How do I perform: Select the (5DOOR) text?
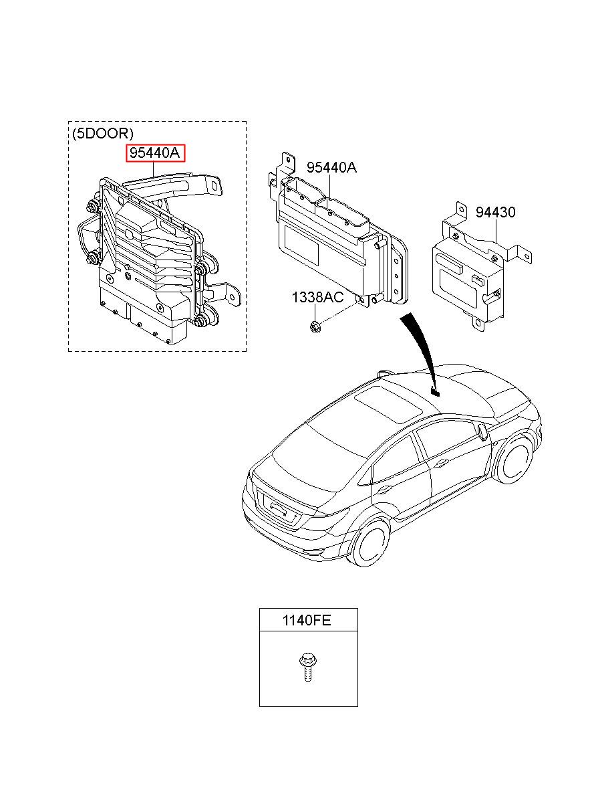point(102,133)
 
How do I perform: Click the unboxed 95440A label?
point(331,168)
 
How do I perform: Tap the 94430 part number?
point(495,213)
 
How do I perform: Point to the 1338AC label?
point(317,296)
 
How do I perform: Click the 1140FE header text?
point(308,621)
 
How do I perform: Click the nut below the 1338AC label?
point(315,326)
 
